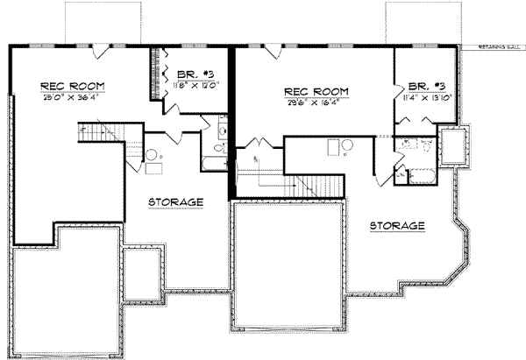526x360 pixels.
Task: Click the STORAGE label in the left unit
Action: pos(176,201)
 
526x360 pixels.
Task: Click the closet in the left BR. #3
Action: pos(158,75)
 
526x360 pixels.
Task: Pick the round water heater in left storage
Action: pos(152,155)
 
